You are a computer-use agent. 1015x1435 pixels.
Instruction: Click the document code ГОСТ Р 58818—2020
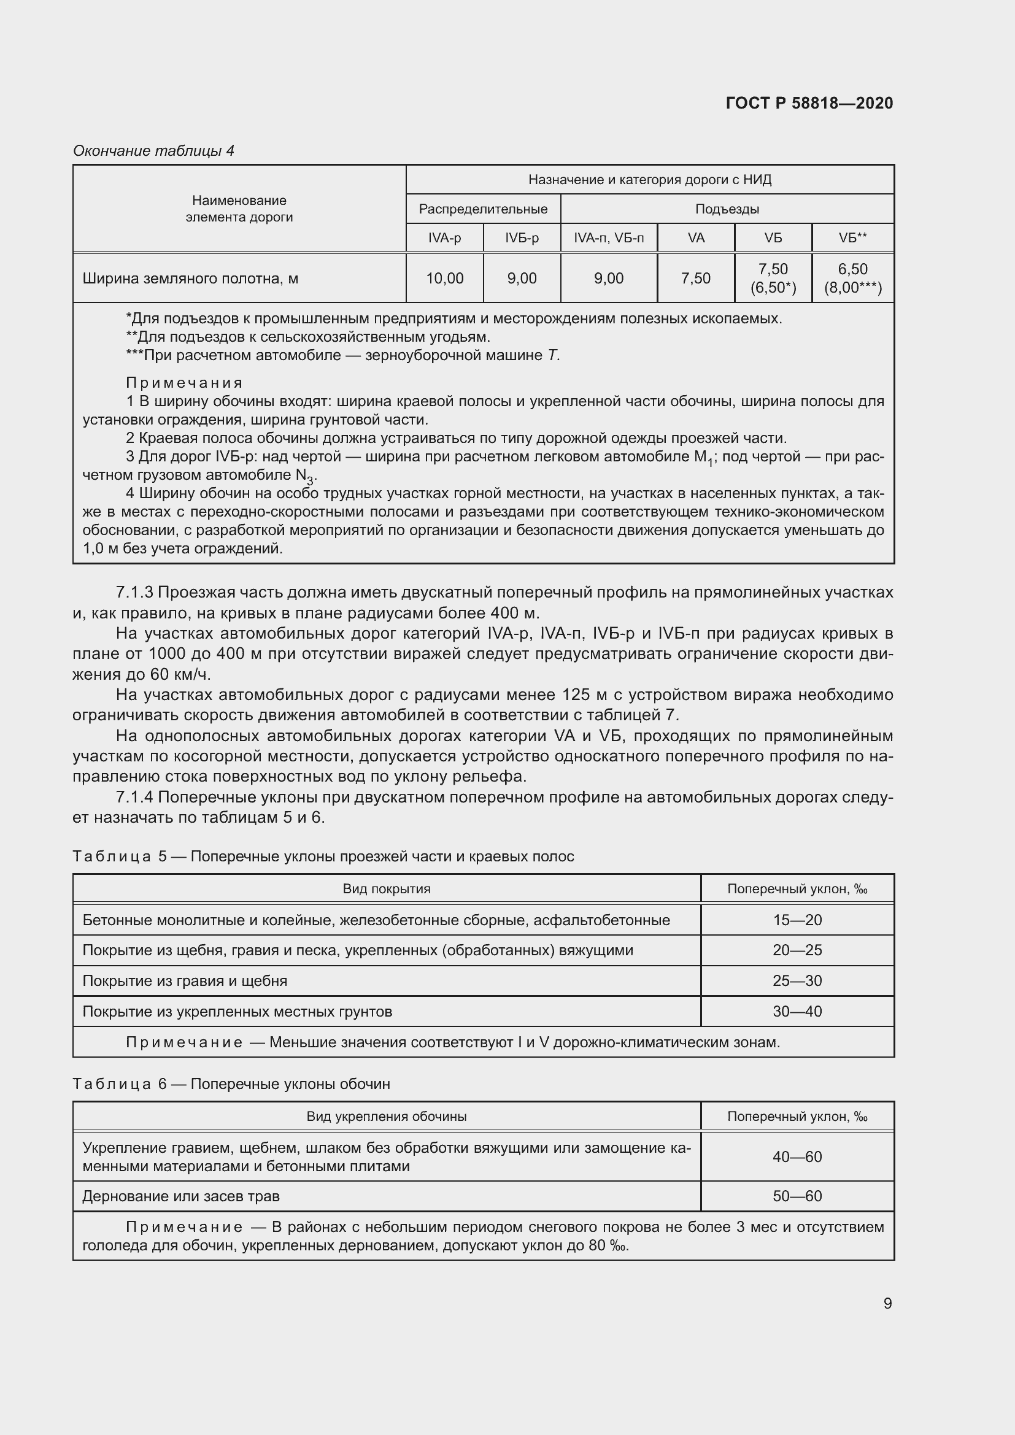pos(809,103)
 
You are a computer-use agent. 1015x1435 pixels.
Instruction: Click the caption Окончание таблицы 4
pos(153,151)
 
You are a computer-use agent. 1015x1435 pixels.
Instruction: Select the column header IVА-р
pos(444,238)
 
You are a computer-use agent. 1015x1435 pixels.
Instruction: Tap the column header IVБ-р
pos(521,238)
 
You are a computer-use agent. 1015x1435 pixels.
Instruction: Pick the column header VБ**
pos(852,238)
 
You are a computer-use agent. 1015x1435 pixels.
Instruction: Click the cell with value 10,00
pos(444,278)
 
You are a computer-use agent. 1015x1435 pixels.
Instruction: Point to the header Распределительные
pos(483,209)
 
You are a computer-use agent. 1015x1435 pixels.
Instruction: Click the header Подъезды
pos(727,209)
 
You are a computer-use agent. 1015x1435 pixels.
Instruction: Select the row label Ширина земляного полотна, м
pos(190,278)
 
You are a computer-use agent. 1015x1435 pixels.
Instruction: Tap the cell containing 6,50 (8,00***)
pos(852,278)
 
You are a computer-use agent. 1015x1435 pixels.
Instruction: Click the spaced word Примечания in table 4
pos(184,382)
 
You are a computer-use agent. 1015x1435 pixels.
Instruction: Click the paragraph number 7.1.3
pos(134,592)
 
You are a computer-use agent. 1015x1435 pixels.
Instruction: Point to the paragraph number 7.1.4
pos(134,797)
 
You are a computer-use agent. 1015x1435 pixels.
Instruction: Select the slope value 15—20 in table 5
pos(797,920)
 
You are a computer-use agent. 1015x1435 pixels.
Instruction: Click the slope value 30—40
pos(797,1011)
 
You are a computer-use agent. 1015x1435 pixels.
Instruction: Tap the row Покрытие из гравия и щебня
pos(185,980)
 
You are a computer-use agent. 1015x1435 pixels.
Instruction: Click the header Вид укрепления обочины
pos(386,1116)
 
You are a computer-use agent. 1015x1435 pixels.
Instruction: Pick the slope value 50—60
pos(797,1196)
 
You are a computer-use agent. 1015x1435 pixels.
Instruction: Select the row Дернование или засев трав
pos(181,1196)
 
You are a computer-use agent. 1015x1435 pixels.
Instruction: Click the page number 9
pos(887,1303)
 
